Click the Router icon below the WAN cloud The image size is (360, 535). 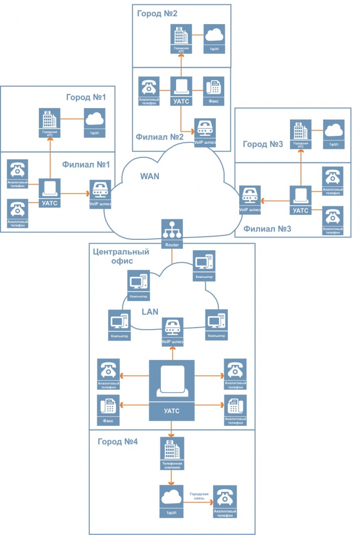point(172,232)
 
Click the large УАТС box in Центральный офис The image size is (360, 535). point(172,390)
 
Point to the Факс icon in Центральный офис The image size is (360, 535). point(109,409)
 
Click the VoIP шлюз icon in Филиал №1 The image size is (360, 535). point(100,193)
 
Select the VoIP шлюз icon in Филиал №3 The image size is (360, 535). point(250,199)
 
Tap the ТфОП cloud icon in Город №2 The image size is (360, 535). point(213,38)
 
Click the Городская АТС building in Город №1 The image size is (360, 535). point(50,122)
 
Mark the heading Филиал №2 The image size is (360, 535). point(159,137)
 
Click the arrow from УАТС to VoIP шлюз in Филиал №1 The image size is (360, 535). point(75,193)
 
